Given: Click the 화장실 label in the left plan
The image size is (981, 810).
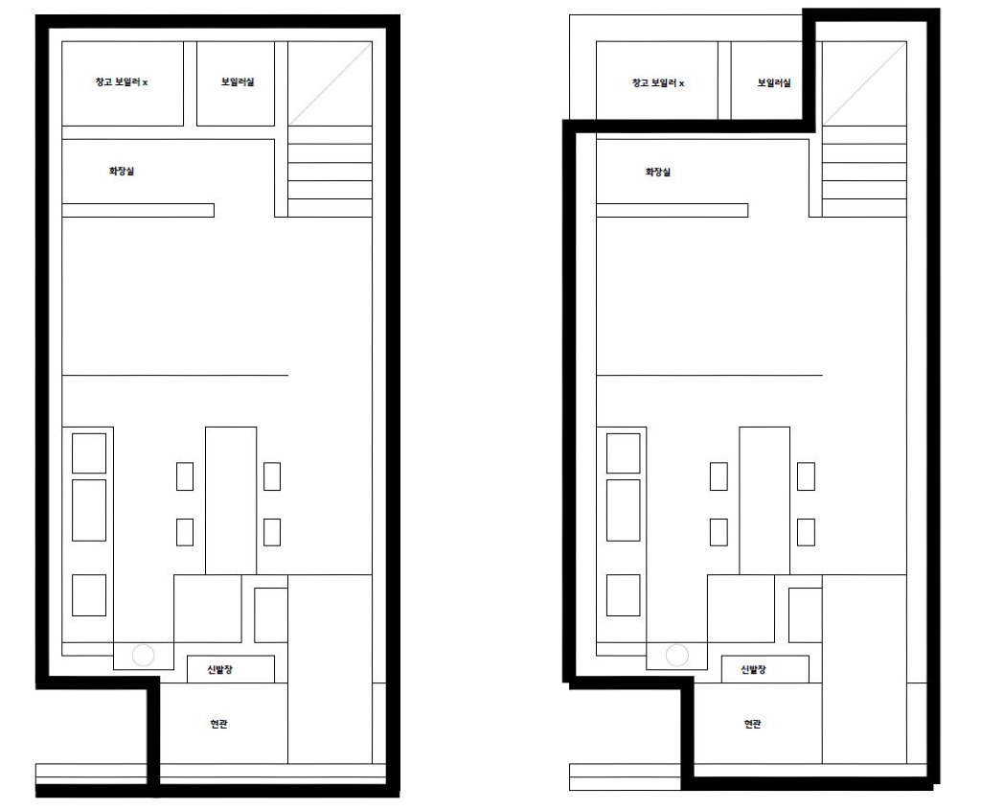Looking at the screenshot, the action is click(122, 171).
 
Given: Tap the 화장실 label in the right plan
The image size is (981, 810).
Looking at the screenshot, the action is click(657, 173).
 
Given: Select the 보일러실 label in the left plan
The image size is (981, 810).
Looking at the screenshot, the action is click(238, 82).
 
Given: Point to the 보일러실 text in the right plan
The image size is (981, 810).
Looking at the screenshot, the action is click(774, 82).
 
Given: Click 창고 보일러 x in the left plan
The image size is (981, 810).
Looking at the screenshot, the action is click(122, 82).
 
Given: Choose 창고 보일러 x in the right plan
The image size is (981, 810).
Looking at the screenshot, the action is click(657, 82).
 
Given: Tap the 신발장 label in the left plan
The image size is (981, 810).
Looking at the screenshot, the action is click(220, 670).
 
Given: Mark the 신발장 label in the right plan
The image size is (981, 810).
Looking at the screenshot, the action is click(753, 670).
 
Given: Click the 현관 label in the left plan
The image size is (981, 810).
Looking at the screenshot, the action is click(219, 724).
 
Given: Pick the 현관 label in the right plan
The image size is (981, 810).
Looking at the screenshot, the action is click(753, 724).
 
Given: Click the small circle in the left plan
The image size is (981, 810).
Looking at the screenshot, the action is click(144, 656).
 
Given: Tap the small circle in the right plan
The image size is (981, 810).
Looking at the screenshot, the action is click(677, 656).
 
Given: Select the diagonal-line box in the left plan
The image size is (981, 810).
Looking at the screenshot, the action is click(331, 84).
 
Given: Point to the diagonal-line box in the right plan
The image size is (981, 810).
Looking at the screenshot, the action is click(864, 84).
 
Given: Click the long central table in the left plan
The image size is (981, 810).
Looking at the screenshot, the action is click(231, 500).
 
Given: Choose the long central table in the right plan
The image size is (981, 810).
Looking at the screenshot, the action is click(764, 500).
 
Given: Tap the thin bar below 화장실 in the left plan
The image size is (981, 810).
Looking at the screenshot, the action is click(138, 210).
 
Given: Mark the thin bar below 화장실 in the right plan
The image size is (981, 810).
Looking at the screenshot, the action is click(672, 210).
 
